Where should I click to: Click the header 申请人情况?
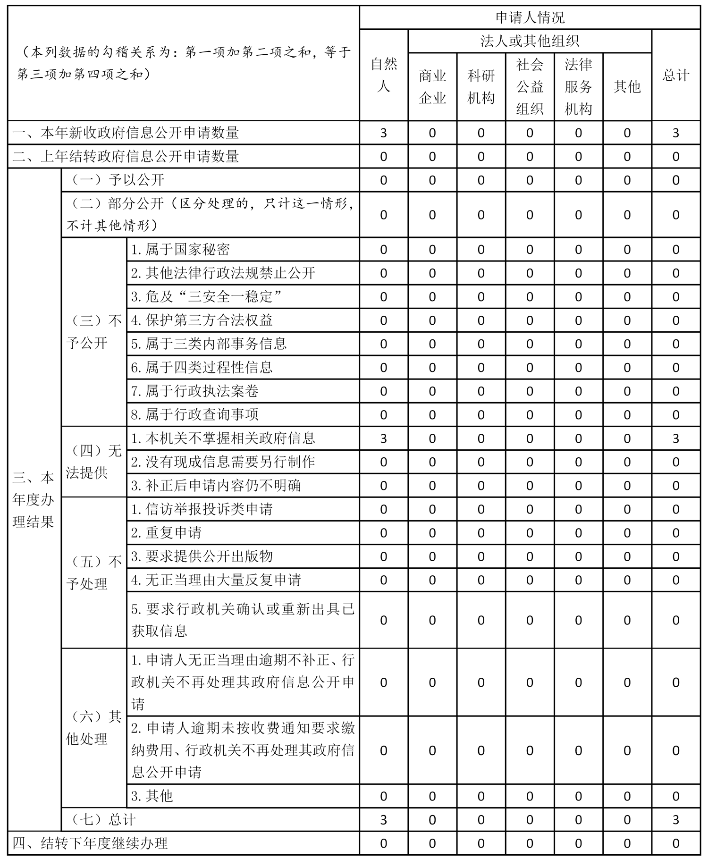coord(530,18)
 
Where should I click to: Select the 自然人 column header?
coord(383,75)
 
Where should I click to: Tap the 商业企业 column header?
coord(432,86)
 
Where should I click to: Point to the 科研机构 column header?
coord(481,86)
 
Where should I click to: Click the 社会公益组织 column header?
coord(530,86)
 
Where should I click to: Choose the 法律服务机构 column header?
coord(578,86)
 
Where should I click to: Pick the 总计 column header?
coord(675,75)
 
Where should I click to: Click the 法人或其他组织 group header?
coord(530,41)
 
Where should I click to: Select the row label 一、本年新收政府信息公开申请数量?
coord(126,133)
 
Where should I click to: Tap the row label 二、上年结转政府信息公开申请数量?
coord(126,156)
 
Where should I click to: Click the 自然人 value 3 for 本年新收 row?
coord(383,133)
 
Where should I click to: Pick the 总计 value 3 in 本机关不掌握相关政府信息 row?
coord(675,438)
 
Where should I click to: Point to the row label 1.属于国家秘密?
coord(180,249)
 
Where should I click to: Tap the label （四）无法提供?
coord(94,462)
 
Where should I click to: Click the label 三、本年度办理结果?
coord(34,499)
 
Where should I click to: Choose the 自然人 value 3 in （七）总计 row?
coord(383,820)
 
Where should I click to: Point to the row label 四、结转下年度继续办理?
coord(90,843)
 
